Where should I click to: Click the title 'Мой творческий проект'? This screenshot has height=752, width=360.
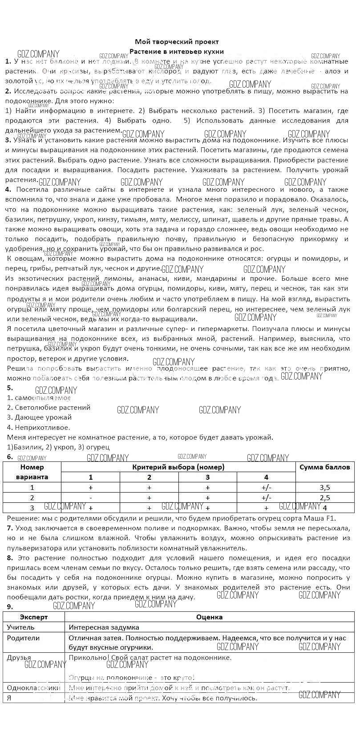(x=177, y=42)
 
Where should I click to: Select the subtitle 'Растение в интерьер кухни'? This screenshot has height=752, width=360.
(x=177, y=52)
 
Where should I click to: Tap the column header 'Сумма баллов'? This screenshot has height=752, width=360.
(x=325, y=467)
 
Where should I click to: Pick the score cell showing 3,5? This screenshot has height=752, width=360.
(x=325, y=487)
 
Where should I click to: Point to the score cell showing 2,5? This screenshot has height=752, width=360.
(x=325, y=497)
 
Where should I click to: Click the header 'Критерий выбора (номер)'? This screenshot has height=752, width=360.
(x=178, y=467)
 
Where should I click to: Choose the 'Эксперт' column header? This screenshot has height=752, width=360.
(x=34, y=617)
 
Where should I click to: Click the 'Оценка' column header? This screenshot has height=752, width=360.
(x=209, y=617)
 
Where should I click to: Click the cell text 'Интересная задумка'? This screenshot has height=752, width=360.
(x=104, y=627)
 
